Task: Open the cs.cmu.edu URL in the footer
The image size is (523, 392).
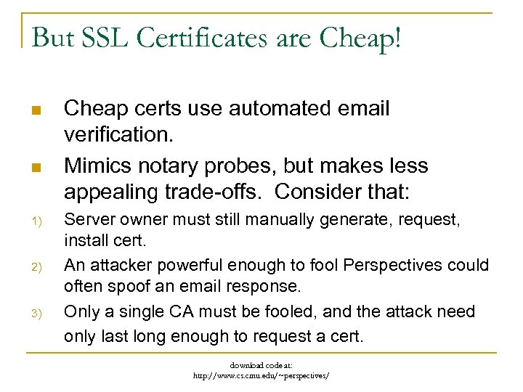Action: click(x=261, y=375)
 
